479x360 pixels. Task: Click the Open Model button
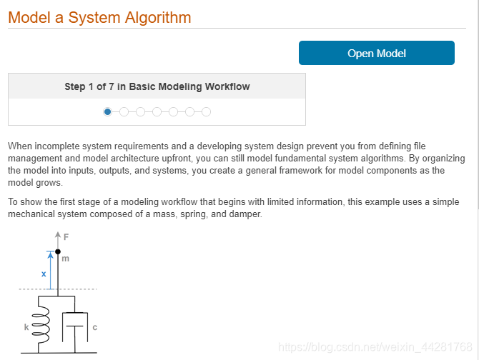(376, 53)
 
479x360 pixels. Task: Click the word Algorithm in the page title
(158, 18)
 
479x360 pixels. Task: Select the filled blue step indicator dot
(107, 112)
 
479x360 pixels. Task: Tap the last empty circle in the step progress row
(206, 112)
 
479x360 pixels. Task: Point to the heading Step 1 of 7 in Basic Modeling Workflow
(157, 86)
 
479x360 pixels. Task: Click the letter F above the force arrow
(66, 236)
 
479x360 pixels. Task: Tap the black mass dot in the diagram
(58, 251)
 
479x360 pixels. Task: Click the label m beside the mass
(65, 259)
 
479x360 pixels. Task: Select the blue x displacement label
(44, 274)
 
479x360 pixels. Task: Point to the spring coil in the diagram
(40, 324)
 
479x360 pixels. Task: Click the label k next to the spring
(26, 327)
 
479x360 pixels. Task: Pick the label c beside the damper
(94, 327)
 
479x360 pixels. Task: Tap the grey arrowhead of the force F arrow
(58, 234)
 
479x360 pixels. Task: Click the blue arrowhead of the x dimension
(51, 254)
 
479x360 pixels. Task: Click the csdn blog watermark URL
(375, 347)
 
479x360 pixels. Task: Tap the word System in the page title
(94, 18)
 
